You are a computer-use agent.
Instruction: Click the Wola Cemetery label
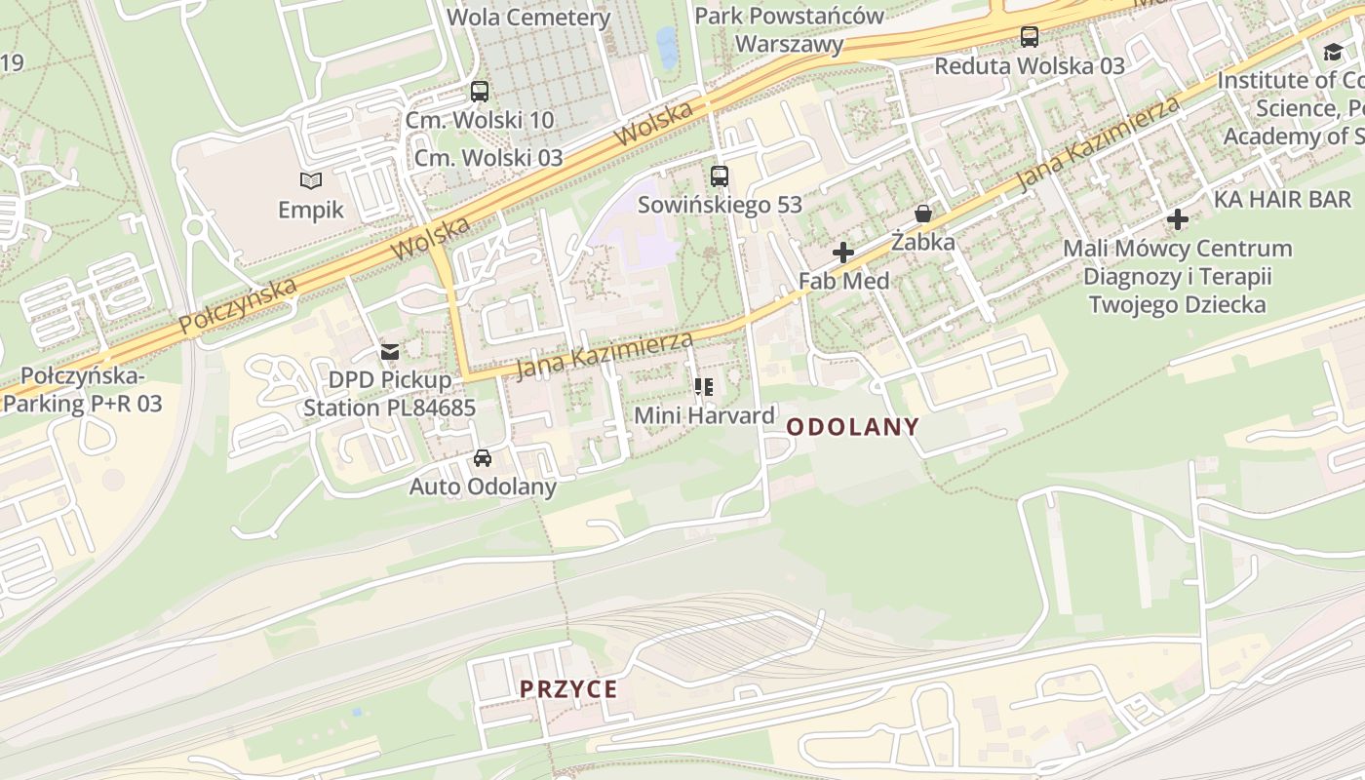(528, 17)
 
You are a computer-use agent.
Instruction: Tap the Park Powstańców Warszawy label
(789, 29)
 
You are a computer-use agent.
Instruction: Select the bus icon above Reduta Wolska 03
(1030, 37)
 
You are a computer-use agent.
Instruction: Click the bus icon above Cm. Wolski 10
(480, 92)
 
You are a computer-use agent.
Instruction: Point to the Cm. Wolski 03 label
(488, 157)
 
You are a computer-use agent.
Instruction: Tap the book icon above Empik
(311, 180)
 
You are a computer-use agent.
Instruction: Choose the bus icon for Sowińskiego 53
(720, 176)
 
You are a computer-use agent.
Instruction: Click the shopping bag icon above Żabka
(923, 214)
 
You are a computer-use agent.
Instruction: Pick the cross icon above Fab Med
(843, 253)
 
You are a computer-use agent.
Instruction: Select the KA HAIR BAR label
(1282, 199)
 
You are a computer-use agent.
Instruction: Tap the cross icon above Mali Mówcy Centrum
(1178, 219)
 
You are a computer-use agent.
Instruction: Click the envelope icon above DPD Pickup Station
(390, 351)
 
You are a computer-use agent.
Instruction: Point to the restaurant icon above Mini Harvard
(704, 387)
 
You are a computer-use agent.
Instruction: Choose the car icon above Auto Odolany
(483, 457)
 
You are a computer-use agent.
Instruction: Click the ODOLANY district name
(852, 426)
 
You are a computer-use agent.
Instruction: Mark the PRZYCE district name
(568, 689)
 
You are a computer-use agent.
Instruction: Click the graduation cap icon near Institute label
(1333, 52)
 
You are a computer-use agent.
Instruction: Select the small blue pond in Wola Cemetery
(667, 46)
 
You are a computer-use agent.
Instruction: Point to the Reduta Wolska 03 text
(1030, 66)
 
